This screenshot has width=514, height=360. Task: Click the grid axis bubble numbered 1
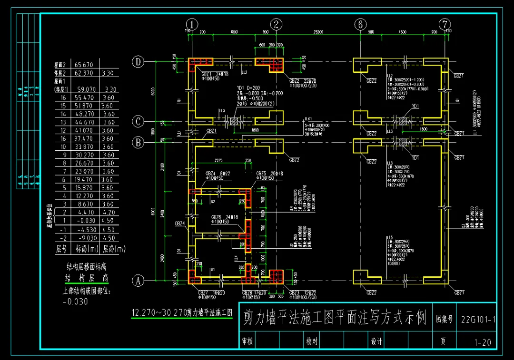point(191,24)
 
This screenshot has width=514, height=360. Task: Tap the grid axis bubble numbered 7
point(445,24)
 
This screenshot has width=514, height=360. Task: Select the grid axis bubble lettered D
point(138,62)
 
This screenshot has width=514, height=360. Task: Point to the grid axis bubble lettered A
point(138,281)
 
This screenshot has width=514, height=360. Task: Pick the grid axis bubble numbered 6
point(360,24)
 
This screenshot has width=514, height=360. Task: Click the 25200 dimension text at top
point(318,32)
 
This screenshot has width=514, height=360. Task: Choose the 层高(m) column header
point(114,248)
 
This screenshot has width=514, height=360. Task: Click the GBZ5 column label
point(261,174)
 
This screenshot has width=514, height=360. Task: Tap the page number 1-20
point(482,342)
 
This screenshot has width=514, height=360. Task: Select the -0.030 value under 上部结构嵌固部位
point(75,301)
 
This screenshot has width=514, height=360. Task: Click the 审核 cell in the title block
point(247,341)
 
